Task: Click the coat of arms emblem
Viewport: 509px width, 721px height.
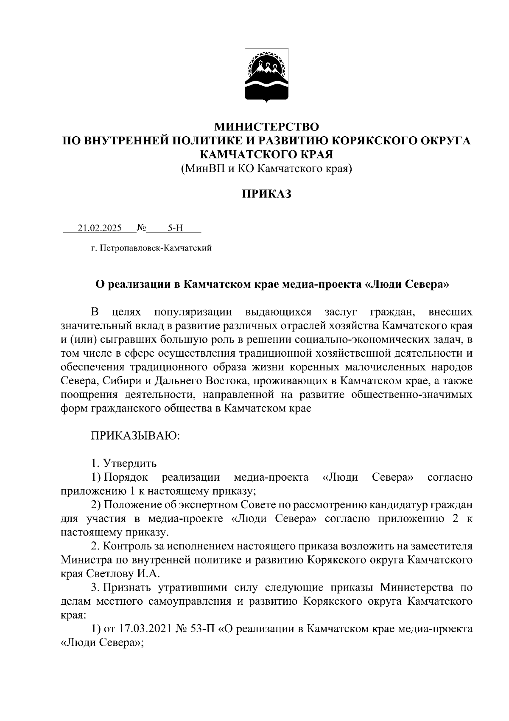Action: click(266, 76)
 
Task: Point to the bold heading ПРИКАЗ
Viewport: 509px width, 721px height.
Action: click(266, 194)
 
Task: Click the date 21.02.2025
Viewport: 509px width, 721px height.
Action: click(100, 228)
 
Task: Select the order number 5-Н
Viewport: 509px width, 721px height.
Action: click(175, 228)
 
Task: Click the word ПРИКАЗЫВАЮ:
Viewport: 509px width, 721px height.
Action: click(135, 436)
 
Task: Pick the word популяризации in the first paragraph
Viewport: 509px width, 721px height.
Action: click(193, 313)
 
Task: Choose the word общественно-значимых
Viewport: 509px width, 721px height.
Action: click(411, 394)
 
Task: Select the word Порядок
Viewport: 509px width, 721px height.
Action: click(126, 477)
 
